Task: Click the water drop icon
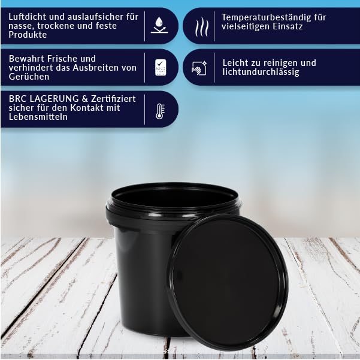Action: pos(159,25)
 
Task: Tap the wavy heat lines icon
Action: pos(202,27)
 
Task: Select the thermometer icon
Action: pos(160,111)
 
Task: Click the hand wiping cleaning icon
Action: pos(199,68)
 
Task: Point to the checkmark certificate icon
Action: pos(161,68)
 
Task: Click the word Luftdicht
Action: pos(28,17)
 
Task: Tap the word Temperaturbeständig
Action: pos(265,17)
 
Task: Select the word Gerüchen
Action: pos(29,77)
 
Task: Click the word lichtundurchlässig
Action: pos(261,72)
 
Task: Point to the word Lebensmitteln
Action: pos(38,117)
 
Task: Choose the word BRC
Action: pos(17,99)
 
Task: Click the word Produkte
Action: pos(28,35)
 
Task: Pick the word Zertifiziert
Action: pos(113,99)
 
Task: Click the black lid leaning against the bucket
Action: pos(228,284)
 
